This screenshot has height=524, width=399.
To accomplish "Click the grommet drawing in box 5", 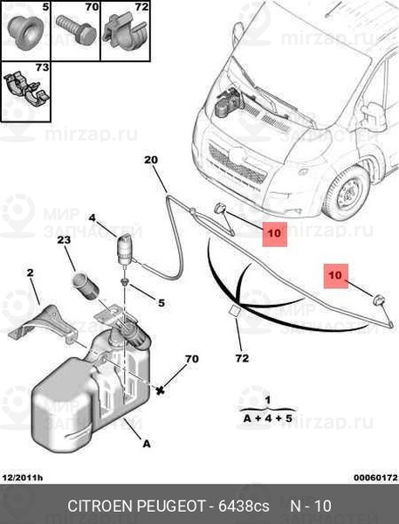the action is (25, 32).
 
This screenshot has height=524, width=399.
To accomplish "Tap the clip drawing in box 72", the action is (125, 32).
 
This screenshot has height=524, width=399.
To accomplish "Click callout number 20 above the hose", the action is (151, 160).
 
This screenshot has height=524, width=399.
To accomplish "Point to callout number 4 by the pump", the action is (92, 218).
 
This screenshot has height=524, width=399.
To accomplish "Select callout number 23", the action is (64, 239).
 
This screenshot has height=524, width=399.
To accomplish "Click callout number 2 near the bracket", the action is (30, 272).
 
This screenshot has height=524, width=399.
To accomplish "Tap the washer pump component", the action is (125, 251).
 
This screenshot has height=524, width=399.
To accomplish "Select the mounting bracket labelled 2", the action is (43, 324).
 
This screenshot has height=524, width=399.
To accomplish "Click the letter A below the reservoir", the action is (147, 444).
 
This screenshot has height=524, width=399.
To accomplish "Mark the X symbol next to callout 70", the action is (161, 390).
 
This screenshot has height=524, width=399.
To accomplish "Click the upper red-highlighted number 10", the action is (274, 233).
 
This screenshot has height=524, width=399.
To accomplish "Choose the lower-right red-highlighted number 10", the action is (335, 276).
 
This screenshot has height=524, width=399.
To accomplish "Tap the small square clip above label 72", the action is (235, 311).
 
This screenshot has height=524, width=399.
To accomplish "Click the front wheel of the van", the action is (346, 193).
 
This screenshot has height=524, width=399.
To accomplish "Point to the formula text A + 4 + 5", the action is (268, 418).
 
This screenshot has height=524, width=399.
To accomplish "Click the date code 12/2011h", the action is (23, 478).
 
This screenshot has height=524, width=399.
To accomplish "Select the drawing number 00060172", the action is (376, 478).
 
